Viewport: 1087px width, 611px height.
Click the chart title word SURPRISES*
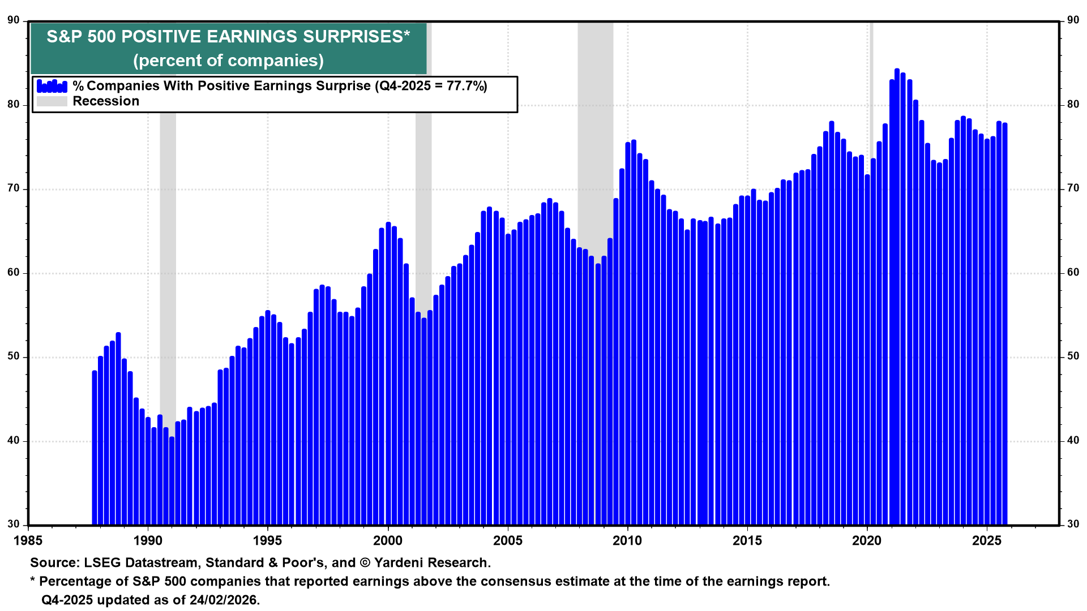pos(356,37)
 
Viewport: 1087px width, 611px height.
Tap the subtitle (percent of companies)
pos(228,61)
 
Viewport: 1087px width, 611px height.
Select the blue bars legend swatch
pos(52,86)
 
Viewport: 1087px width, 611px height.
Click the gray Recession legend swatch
pos(52,101)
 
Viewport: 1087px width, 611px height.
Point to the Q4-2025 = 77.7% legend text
pos(430,86)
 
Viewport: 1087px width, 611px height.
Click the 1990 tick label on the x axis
pos(148,541)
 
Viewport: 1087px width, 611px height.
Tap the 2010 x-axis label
pos(627,541)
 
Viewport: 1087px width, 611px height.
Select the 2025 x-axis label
pos(987,541)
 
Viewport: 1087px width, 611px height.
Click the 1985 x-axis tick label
pos(28,541)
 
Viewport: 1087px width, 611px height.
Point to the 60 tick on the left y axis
pos(14,273)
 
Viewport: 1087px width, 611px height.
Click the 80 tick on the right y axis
pos(1073,105)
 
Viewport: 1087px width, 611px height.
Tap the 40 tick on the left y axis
pos(14,441)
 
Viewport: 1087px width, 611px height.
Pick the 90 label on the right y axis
pos(1073,20)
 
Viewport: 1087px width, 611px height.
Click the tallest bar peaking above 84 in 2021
pos(897,283)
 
